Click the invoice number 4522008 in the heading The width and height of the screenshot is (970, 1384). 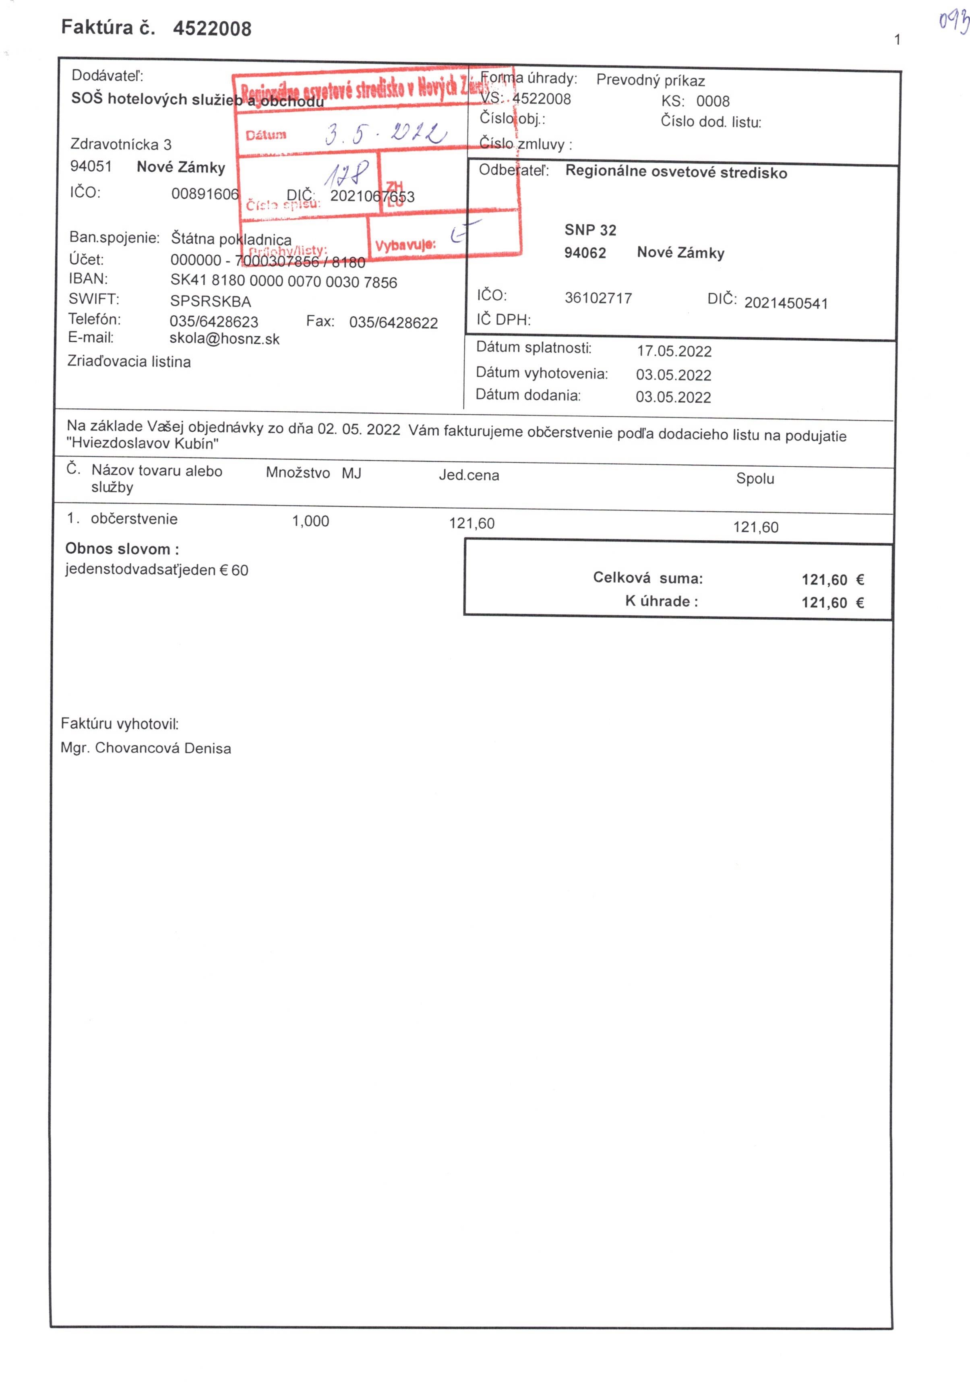pos(212,28)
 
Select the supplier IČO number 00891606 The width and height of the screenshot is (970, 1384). pos(205,194)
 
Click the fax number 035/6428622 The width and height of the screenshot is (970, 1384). pos(393,323)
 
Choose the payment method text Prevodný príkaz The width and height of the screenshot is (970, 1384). pos(650,80)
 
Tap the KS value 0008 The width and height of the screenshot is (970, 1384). pos(713,101)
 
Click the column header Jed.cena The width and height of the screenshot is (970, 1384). pos(468,475)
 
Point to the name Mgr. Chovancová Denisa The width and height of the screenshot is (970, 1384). pos(146,748)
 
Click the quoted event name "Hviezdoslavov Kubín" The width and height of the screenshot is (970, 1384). pos(142,444)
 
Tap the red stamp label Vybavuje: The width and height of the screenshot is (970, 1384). pos(405,245)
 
